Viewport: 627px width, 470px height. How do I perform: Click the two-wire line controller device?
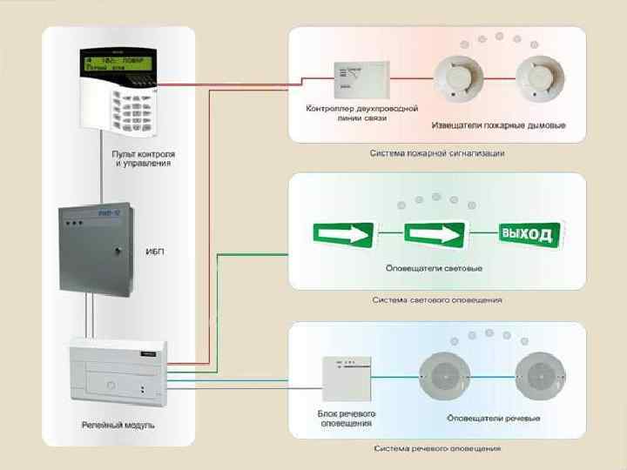[358, 79]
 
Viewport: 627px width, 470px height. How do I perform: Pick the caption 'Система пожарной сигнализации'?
[436, 153]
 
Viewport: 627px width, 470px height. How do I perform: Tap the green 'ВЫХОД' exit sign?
[528, 234]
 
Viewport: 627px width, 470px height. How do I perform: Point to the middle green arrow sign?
[434, 234]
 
